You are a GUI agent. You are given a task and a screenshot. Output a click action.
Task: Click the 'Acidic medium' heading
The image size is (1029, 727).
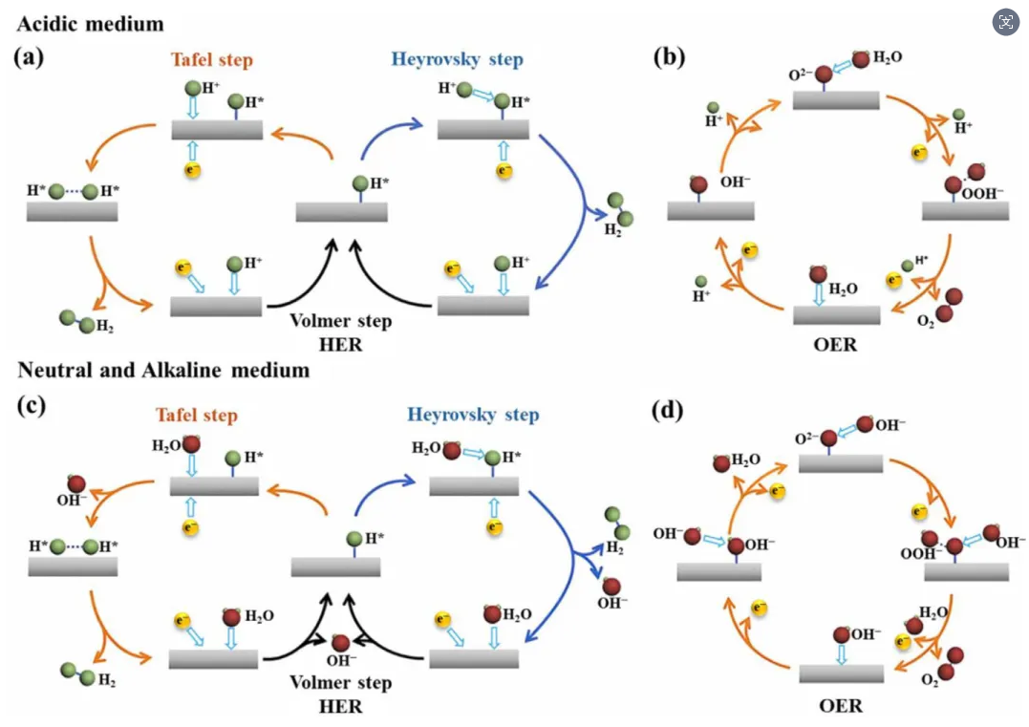pyautogui.click(x=90, y=24)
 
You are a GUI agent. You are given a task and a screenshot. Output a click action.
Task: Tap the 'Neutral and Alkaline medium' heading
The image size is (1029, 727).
pyautogui.click(x=163, y=370)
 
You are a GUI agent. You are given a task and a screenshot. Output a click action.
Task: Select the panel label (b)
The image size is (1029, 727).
pyautogui.click(x=669, y=57)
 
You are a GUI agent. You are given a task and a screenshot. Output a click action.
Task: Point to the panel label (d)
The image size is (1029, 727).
pyautogui.click(x=668, y=411)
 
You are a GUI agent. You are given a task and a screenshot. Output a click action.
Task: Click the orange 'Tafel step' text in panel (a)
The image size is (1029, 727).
pyautogui.click(x=212, y=60)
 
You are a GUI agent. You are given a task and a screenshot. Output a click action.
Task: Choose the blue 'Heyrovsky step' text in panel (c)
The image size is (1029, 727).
pyautogui.click(x=473, y=415)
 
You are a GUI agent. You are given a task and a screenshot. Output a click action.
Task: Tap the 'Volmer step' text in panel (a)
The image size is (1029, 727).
pyautogui.click(x=340, y=321)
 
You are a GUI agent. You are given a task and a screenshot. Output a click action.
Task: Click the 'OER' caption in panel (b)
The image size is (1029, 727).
pyautogui.click(x=835, y=345)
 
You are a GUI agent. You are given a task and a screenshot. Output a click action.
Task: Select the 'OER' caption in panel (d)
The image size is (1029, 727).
pyautogui.click(x=841, y=705)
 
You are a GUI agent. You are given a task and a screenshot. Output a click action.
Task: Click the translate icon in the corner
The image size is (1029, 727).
pyautogui.click(x=1005, y=22)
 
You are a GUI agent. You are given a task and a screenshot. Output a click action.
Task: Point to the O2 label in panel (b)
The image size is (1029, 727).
pyautogui.click(x=925, y=322)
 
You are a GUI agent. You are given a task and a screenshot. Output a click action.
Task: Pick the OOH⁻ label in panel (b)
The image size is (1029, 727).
pyautogui.click(x=982, y=194)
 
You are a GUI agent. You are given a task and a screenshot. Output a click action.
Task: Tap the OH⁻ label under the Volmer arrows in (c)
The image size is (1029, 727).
pyautogui.click(x=341, y=659)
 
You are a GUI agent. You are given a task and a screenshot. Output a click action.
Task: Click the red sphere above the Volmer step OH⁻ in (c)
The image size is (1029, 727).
pyautogui.click(x=340, y=642)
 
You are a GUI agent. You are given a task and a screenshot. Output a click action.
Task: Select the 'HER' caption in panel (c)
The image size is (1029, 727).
pyautogui.click(x=340, y=706)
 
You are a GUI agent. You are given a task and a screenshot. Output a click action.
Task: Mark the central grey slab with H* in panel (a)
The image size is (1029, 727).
pyautogui.click(x=341, y=212)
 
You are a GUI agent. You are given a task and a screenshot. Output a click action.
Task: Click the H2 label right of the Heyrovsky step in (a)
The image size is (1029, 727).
pyautogui.click(x=613, y=230)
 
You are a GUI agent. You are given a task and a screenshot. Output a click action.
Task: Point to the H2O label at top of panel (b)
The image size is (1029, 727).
pyautogui.click(x=888, y=57)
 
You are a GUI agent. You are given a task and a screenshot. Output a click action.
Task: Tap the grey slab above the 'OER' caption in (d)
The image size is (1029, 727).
pyautogui.click(x=842, y=674)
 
